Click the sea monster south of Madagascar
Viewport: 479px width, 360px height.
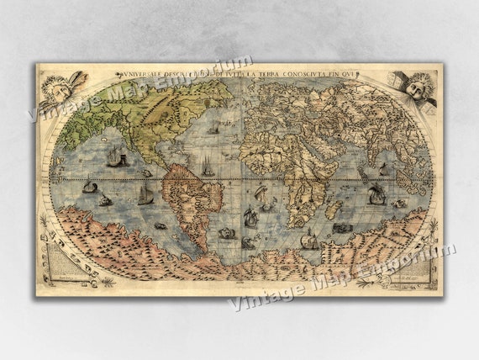[341, 227]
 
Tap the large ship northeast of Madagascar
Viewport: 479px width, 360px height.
[377, 194]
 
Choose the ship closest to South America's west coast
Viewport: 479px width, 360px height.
[146, 196]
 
